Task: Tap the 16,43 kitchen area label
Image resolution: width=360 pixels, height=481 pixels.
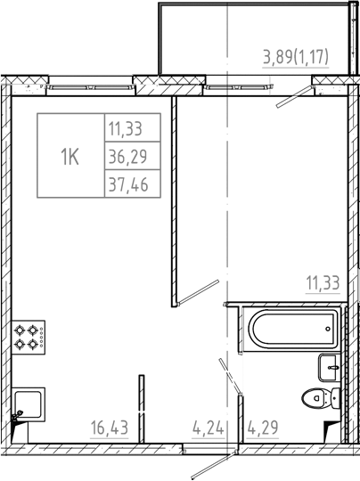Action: click(x=109, y=428)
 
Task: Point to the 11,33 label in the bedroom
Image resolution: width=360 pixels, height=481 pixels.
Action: click(x=323, y=284)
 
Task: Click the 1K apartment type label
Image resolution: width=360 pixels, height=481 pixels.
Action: click(x=70, y=158)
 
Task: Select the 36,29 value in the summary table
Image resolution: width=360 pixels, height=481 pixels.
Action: click(x=126, y=158)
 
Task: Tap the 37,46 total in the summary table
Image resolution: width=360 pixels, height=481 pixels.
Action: click(x=126, y=185)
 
